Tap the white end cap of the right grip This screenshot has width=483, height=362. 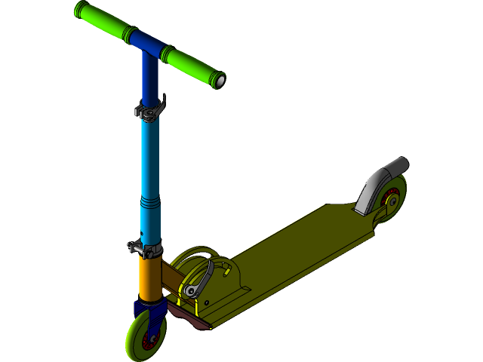point(220,80)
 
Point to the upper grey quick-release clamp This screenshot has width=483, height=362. point(149,112)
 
